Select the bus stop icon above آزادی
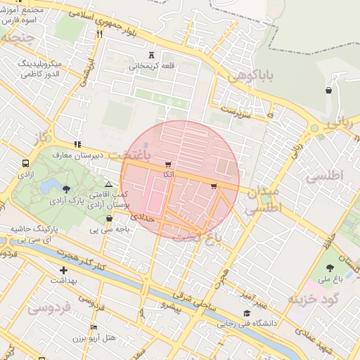pos(26,161)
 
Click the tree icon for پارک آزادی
pos(67,188)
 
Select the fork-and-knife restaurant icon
pos(99,34)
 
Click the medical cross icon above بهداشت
pos(64,269)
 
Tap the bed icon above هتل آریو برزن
pos(94,327)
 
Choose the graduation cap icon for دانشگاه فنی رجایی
pos(246,313)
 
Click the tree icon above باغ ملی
pos(330,266)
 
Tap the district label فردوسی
pos(49,308)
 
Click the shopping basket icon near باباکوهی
pos(328,90)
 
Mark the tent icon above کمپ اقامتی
pos(108,183)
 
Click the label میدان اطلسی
pos(263,200)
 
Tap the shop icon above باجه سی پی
pos(108,218)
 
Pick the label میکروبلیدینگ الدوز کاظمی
pos(49,68)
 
